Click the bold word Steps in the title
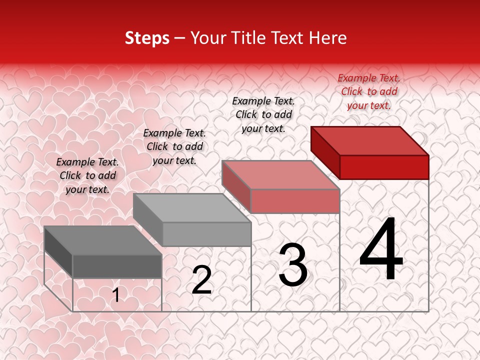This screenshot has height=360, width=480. [x=147, y=38]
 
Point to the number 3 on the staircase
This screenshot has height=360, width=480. [x=292, y=265]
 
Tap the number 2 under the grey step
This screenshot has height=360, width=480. [x=201, y=280]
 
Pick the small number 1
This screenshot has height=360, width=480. [x=116, y=295]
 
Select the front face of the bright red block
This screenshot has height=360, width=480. [x=384, y=167]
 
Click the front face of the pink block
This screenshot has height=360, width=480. [x=295, y=201]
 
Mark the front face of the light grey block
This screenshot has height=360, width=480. [x=206, y=234]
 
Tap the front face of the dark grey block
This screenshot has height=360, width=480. [x=117, y=266]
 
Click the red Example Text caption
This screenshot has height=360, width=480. [x=369, y=91]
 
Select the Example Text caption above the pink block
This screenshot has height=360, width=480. [x=263, y=114]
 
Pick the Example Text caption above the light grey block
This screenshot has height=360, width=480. [x=174, y=146]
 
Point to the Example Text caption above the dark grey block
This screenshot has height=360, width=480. [x=87, y=175]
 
